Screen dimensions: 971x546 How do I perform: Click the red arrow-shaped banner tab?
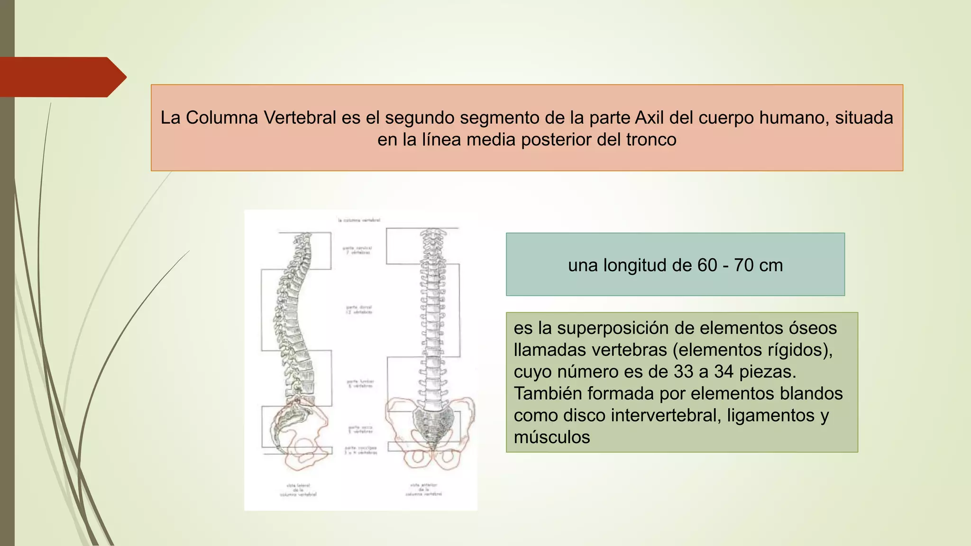[62, 77]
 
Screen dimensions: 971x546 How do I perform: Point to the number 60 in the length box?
[707, 265]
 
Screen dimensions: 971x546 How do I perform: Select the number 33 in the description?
[683, 372]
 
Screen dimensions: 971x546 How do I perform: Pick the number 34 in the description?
[724, 372]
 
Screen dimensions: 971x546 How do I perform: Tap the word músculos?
[552, 437]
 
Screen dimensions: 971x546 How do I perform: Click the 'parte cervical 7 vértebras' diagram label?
[357, 250]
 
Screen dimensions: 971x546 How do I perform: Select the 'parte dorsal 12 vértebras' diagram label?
[359, 309]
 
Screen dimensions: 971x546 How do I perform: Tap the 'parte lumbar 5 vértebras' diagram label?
[360, 383]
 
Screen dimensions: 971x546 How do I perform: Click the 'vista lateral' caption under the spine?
[298, 490]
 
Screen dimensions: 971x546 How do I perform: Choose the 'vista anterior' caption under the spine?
[423, 490]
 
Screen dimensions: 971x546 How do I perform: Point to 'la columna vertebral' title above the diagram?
[359, 220]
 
